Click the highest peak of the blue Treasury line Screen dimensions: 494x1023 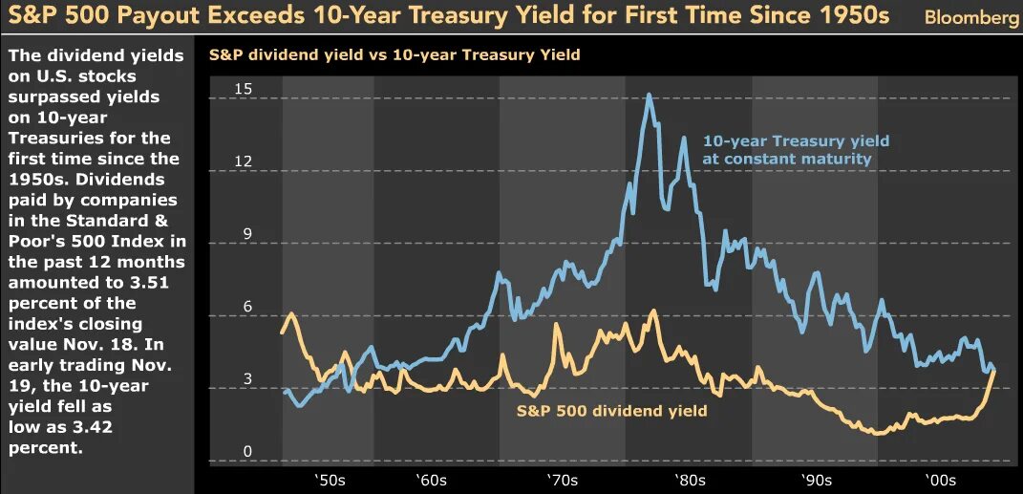(x=650, y=95)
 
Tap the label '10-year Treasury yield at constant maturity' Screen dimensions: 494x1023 (x=795, y=150)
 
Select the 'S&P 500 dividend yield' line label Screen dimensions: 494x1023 (x=611, y=411)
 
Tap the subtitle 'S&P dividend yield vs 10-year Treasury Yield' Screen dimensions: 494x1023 (x=394, y=54)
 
